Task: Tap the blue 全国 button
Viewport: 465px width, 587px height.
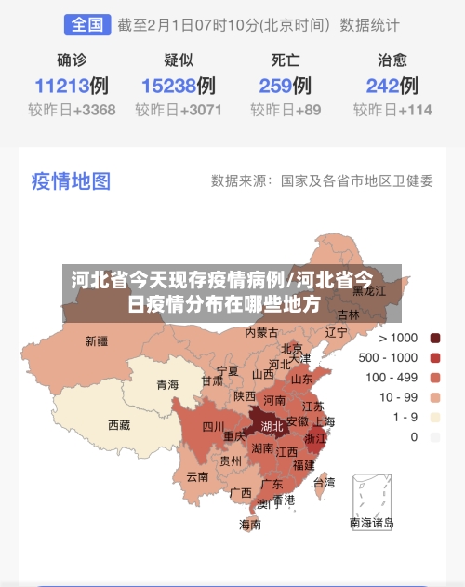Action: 87,24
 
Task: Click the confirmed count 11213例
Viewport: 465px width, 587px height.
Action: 72,87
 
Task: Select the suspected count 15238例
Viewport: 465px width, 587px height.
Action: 178,87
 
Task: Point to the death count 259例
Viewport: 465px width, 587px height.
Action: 285,87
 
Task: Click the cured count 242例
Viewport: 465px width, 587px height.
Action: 392,87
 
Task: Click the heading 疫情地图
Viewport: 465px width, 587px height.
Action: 71,180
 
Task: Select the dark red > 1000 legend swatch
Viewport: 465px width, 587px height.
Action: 435,338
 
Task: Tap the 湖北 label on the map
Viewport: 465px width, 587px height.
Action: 272,426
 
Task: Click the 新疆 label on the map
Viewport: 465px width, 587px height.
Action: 96,340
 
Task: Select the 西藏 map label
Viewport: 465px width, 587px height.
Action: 119,425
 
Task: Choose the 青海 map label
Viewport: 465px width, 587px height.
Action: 167,384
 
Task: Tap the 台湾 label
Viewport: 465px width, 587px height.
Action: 324,483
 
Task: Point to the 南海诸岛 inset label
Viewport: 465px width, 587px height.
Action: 371,523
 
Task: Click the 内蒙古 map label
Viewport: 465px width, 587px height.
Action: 261,332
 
